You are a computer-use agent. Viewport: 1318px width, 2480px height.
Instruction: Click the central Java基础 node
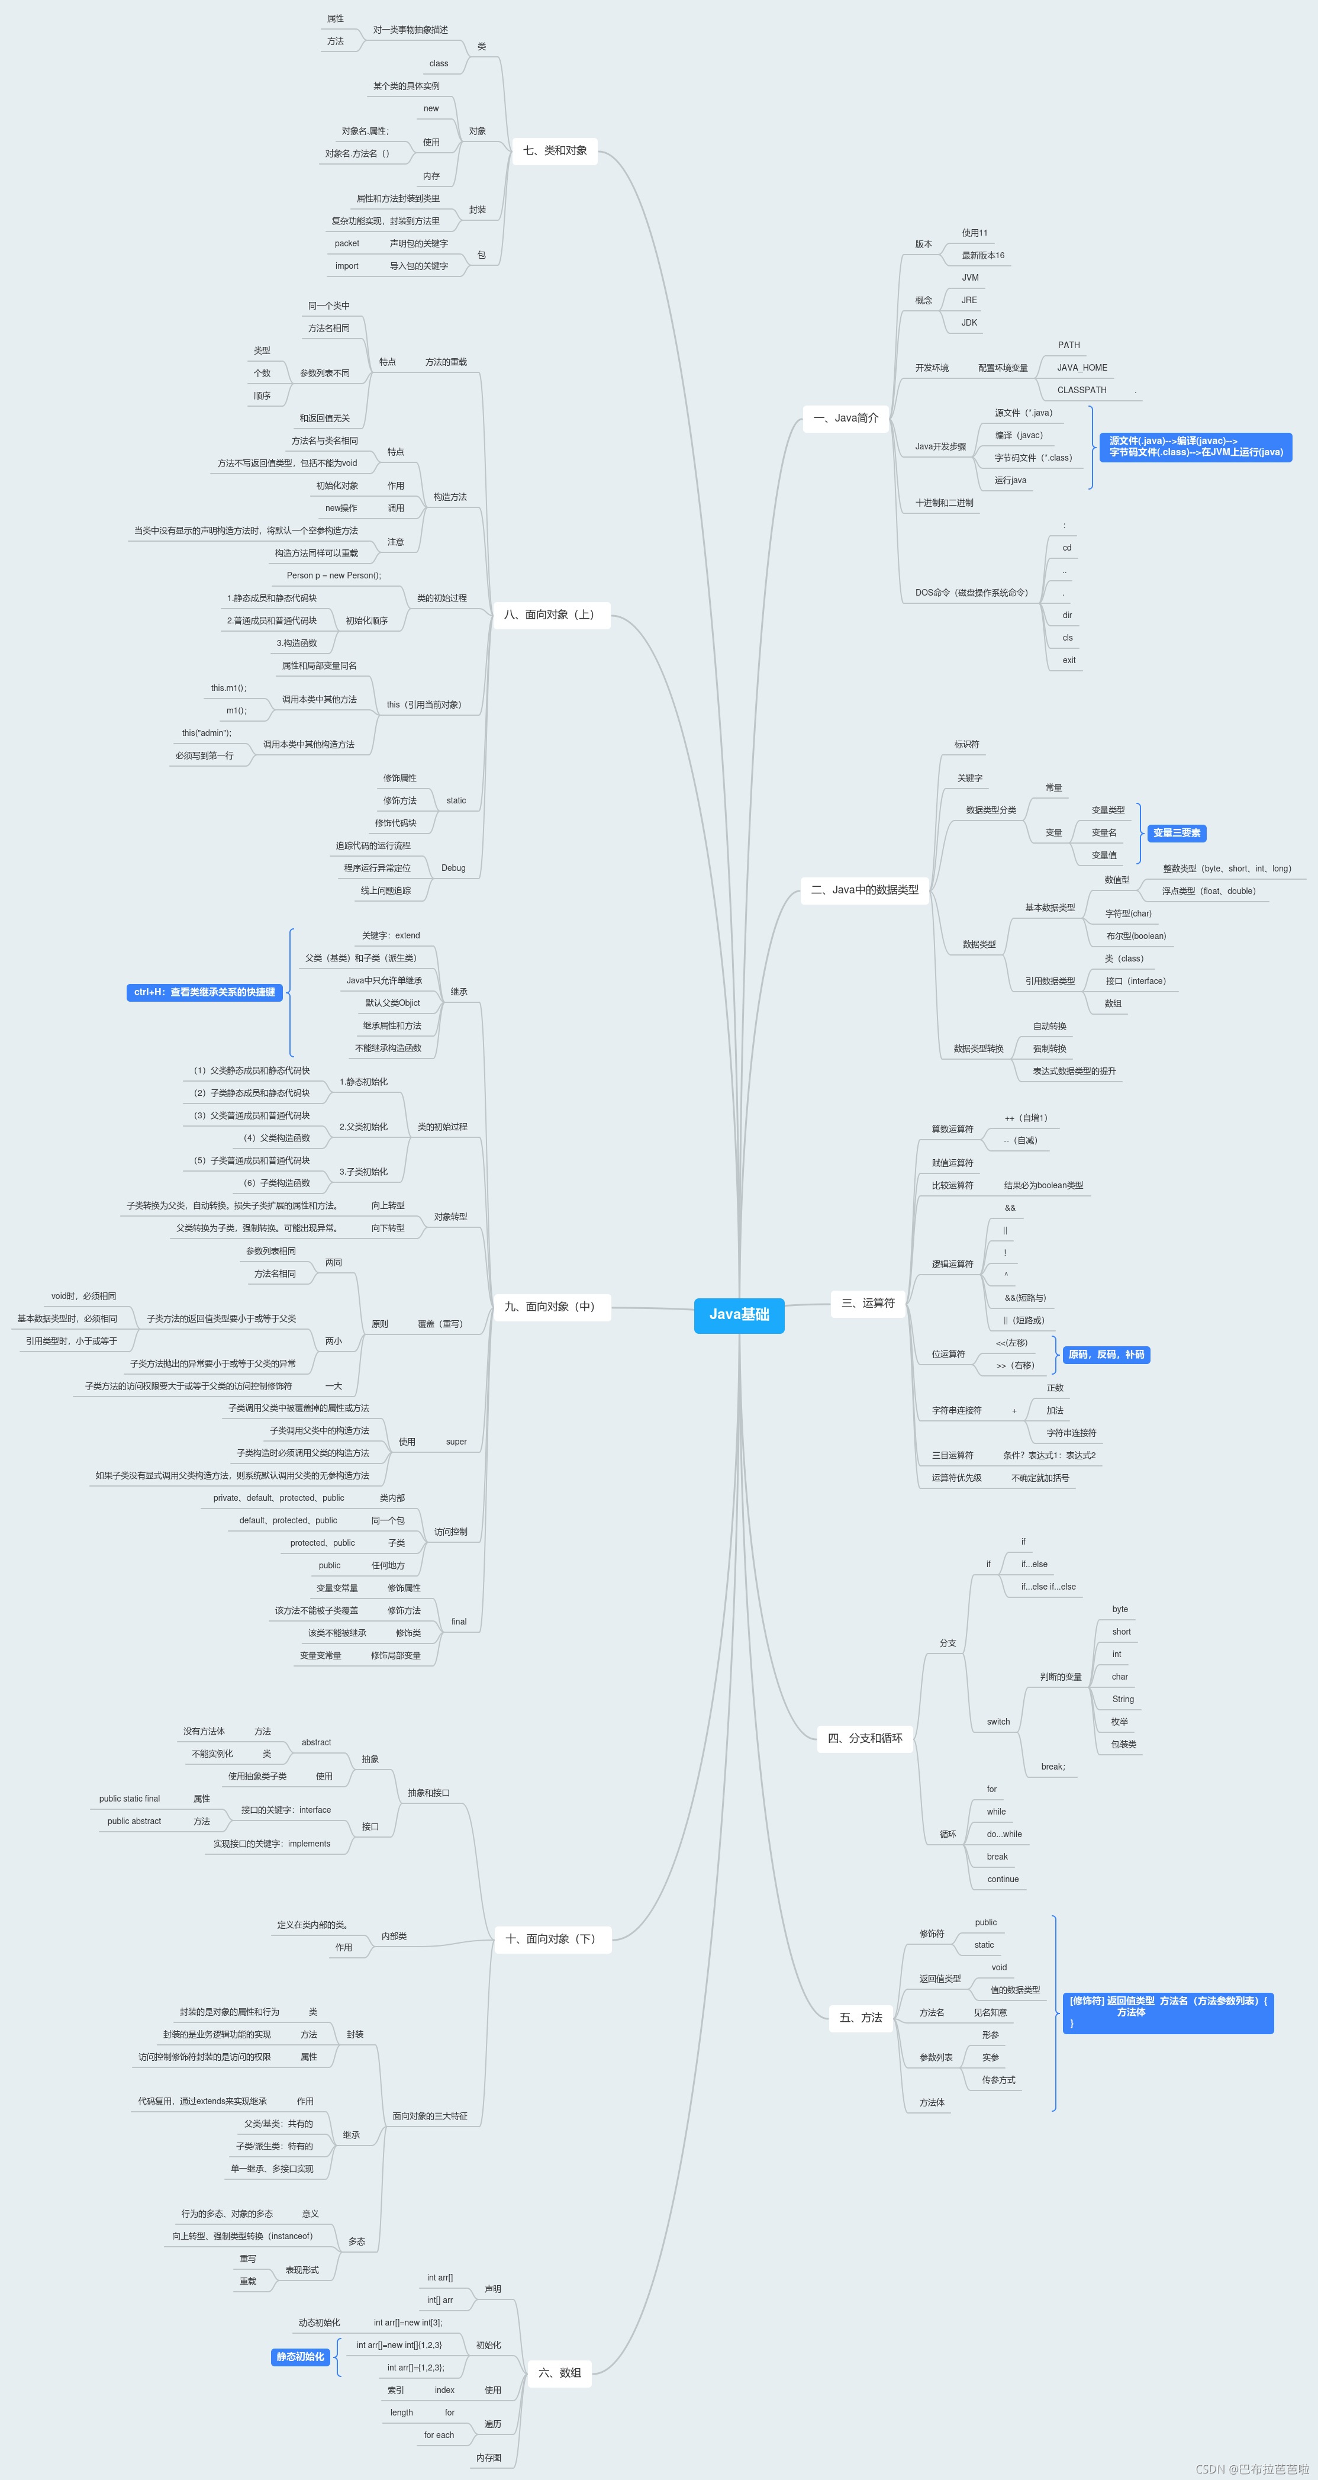coord(739,1315)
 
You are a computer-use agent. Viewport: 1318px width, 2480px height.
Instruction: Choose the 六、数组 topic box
coord(559,2373)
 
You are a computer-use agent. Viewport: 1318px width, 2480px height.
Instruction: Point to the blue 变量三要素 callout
coord(1177,834)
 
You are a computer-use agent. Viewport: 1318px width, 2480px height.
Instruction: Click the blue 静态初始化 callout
coord(301,2357)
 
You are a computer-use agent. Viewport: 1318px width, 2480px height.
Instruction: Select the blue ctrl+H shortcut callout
coord(204,993)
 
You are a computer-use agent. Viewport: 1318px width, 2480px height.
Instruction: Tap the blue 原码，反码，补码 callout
coord(1106,1355)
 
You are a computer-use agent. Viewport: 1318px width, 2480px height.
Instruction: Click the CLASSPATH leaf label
coord(1081,391)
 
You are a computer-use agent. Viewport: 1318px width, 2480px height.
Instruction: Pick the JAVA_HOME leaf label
coord(1081,368)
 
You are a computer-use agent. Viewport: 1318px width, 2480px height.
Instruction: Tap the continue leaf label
coord(1002,1879)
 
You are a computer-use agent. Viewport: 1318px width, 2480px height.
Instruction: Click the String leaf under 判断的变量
coord(1123,1699)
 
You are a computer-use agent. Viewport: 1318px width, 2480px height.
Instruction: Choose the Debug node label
coord(453,869)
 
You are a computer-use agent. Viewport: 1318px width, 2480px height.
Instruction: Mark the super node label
coord(456,1442)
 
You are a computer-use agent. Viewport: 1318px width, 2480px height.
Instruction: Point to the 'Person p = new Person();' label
coord(333,575)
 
